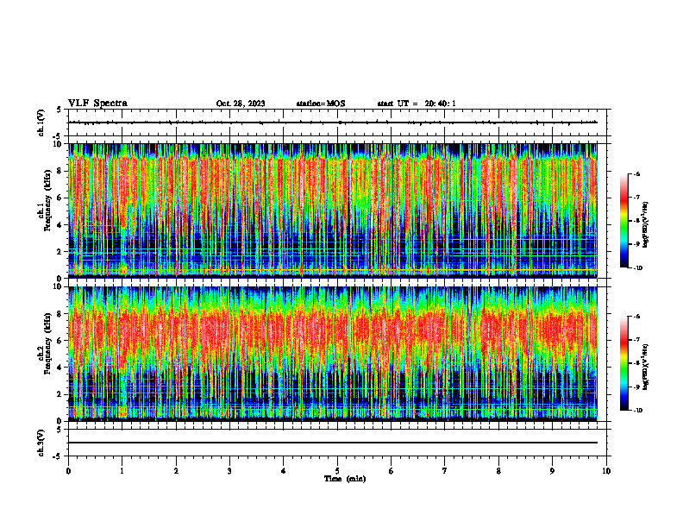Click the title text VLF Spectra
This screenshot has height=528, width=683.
[97, 104]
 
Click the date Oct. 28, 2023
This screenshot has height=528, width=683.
[241, 104]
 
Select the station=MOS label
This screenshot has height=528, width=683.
[320, 104]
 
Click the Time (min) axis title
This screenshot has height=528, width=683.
[344, 478]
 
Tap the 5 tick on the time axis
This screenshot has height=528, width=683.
[337, 471]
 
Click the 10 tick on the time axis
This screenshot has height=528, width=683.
[606, 471]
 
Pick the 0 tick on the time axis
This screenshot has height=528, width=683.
[68, 471]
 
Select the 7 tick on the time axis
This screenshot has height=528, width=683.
[445, 471]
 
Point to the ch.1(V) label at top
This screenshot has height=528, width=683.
[41, 123]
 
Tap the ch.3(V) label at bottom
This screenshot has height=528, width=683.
[41, 442]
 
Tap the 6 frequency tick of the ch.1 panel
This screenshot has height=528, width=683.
[60, 198]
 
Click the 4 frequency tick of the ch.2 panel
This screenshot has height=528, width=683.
[60, 368]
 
